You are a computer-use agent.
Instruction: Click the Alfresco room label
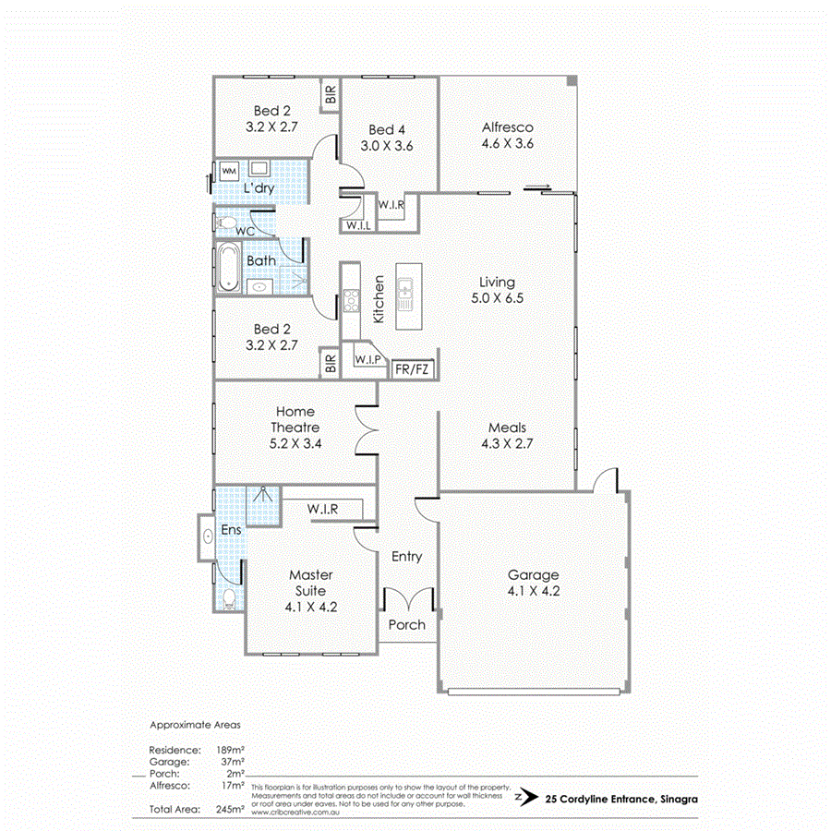tap(508, 127)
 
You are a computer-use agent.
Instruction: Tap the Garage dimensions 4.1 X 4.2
tap(533, 592)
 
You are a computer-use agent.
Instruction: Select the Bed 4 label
tap(386, 129)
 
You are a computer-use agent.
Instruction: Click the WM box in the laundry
tap(229, 171)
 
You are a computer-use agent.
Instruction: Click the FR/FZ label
tap(411, 370)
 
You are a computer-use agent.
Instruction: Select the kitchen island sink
tap(405, 295)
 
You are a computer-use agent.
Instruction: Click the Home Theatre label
tap(295, 419)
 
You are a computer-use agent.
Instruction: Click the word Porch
tap(406, 625)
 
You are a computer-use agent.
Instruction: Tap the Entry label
tap(406, 556)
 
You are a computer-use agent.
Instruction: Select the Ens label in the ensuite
tap(230, 532)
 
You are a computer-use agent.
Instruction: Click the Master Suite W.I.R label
tap(322, 509)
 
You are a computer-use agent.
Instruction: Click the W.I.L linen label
tap(357, 225)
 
